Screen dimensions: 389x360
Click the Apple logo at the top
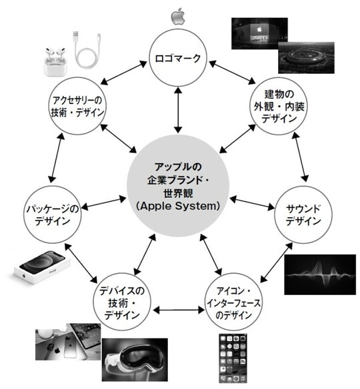click(178, 16)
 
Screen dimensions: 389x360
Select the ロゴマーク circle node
click(178, 58)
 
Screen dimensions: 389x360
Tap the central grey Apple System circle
click(178, 185)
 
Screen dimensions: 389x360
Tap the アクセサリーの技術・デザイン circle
click(77, 107)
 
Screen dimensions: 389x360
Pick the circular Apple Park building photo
click(306, 57)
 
